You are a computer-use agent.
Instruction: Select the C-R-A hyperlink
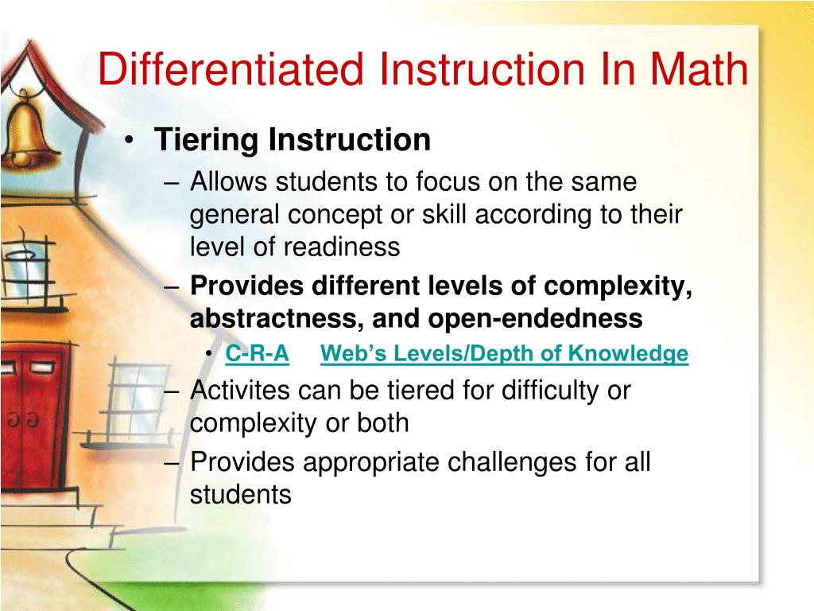tap(257, 354)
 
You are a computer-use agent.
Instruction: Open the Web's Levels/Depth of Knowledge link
tap(504, 354)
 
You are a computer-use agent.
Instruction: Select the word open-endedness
tap(536, 319)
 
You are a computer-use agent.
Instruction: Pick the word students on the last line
tap(241, 494)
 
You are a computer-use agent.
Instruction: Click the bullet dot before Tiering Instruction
tap(130, 142)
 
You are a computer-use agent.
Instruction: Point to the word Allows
tap(229, 183)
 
